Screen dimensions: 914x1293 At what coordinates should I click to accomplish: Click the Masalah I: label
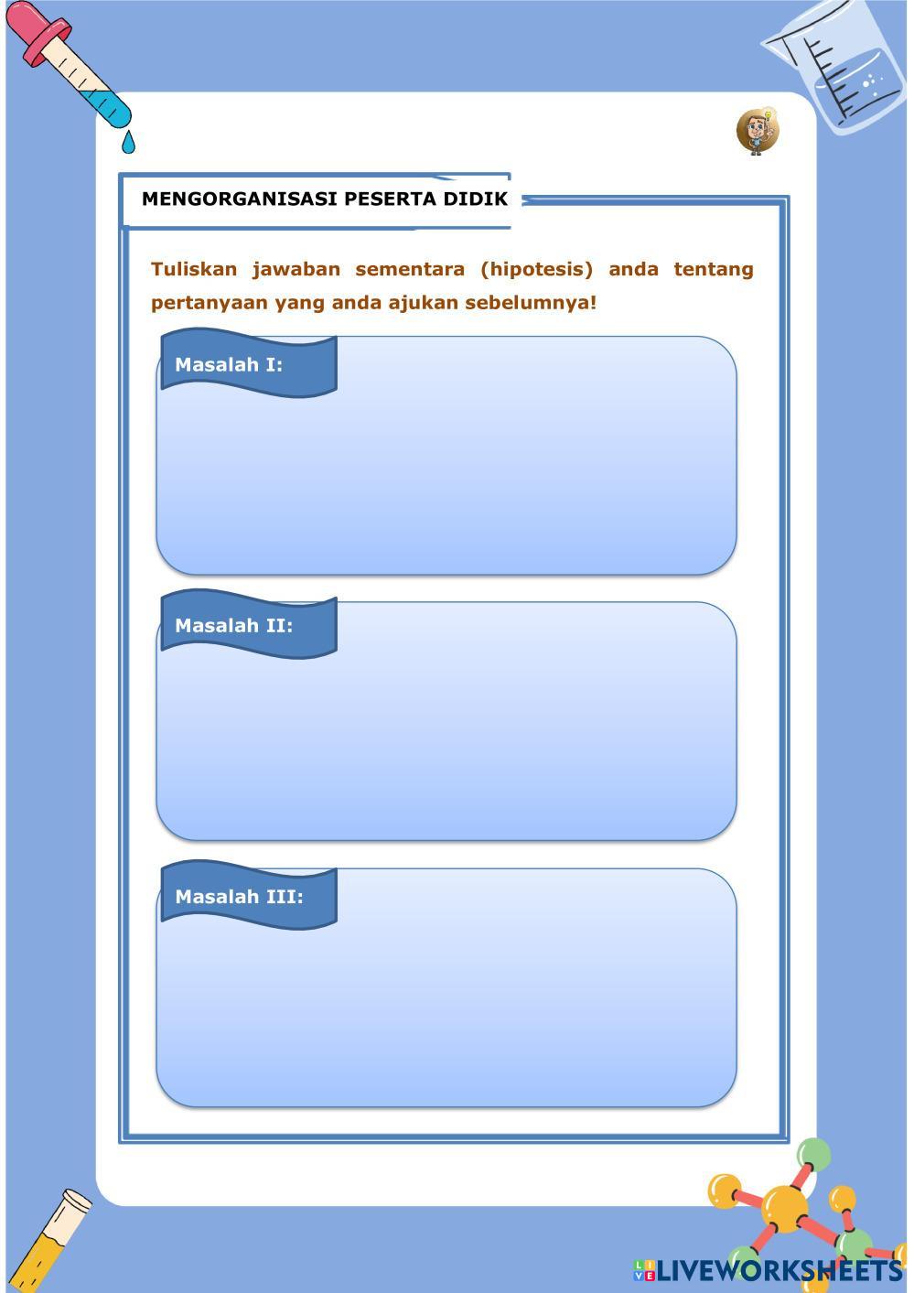(x=229, y=364)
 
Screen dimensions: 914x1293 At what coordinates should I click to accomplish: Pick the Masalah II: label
(x=234, y=626)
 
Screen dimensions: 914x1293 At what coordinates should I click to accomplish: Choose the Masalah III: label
(x=239, y=897)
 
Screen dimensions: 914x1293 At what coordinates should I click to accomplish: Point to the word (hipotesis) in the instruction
(x=536, y=269)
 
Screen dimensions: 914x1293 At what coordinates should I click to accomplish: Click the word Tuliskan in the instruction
(x=194, y=269)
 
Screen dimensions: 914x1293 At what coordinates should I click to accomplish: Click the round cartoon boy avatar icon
(x=757, y=131)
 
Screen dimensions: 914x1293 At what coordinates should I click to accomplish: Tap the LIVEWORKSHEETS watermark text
(x=778, y=1270)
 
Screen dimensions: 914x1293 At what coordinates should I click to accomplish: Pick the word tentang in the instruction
(x=714, y=269)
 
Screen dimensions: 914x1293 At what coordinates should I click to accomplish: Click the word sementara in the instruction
(x=410, y=269)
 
